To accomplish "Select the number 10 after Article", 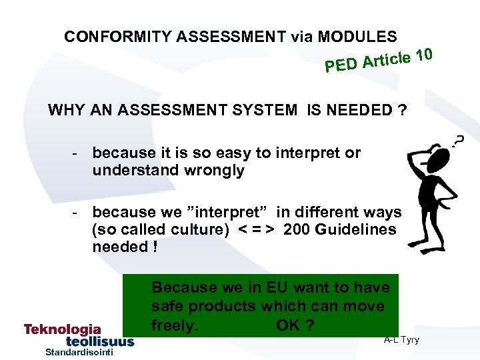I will (x=422, y=53).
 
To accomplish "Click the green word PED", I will (x=340, y=65).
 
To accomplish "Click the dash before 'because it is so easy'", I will (x=77, y=153).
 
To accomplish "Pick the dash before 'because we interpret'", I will (x=77, y=212).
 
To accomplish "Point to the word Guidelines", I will (x=357, y=229).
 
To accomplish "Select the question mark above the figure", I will (x=458, y=141).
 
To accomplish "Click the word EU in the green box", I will (x=276, y=287).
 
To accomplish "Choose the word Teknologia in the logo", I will (x=63, y=329).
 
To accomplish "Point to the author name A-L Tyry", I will (x=401, y=340).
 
